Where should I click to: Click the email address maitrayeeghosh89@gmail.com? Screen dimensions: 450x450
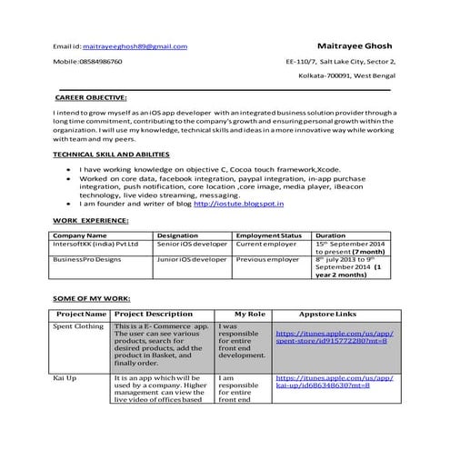[135, 45]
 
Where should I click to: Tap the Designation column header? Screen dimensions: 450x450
[178, 235]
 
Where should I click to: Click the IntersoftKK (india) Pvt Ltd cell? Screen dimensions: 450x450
[96, 245]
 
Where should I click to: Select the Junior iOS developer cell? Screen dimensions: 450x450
[192, 259]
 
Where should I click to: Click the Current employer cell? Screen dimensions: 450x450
[267, 245]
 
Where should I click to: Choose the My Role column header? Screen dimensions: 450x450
[248, 313]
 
